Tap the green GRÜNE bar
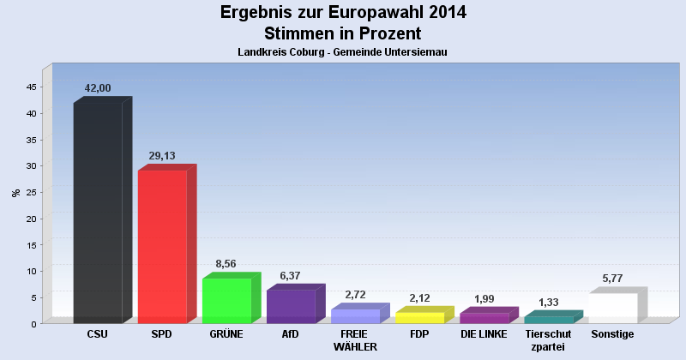226,300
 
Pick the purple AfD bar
291,306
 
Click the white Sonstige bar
612,308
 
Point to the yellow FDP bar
419,318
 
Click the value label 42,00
98,88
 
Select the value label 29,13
162,155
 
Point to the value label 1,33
547,302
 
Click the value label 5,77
611,279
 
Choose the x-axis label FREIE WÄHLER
355,339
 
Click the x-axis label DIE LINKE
484,333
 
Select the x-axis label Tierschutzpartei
547,339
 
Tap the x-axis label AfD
291,333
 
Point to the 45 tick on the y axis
31,87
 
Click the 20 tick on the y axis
31,219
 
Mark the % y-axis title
15,192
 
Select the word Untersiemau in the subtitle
414,52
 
